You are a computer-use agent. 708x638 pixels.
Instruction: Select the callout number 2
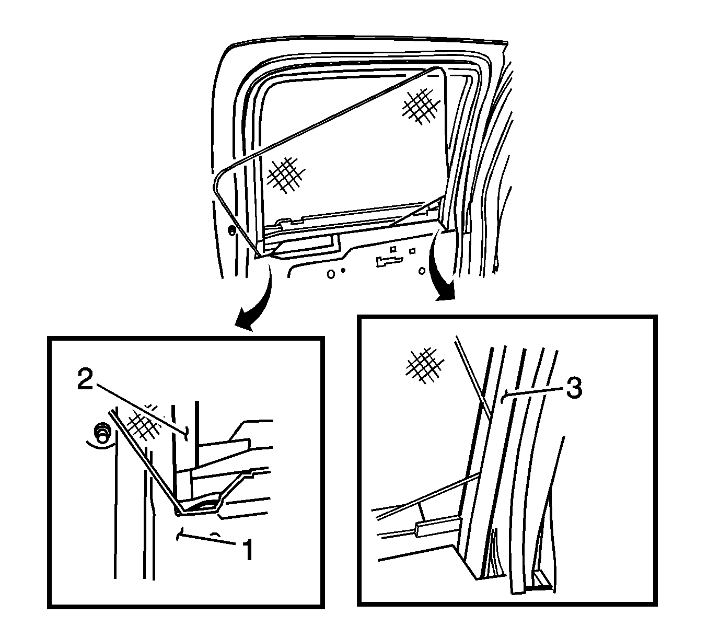[x=85, y=379]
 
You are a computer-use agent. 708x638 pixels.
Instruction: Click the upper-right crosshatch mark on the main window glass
[x=422, y=106]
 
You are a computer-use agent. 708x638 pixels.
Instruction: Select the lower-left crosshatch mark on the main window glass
[x=286, y=175]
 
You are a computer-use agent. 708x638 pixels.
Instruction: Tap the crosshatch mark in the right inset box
[x=425, y=365]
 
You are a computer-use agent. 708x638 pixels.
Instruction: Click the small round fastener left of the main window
[x=232, y=231]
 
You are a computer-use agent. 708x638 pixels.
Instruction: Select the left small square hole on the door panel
[x=393, y=249]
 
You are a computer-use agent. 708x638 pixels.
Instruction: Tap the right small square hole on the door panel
[x=412, y=251]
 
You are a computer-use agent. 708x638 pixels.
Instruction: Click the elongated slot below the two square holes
[x=389, y=261]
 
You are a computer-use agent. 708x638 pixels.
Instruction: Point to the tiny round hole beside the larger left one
[x=343, y=271]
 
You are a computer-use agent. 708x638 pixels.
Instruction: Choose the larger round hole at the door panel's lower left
[x=331, y=274]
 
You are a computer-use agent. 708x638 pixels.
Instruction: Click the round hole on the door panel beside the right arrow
[x=422, y=271]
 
